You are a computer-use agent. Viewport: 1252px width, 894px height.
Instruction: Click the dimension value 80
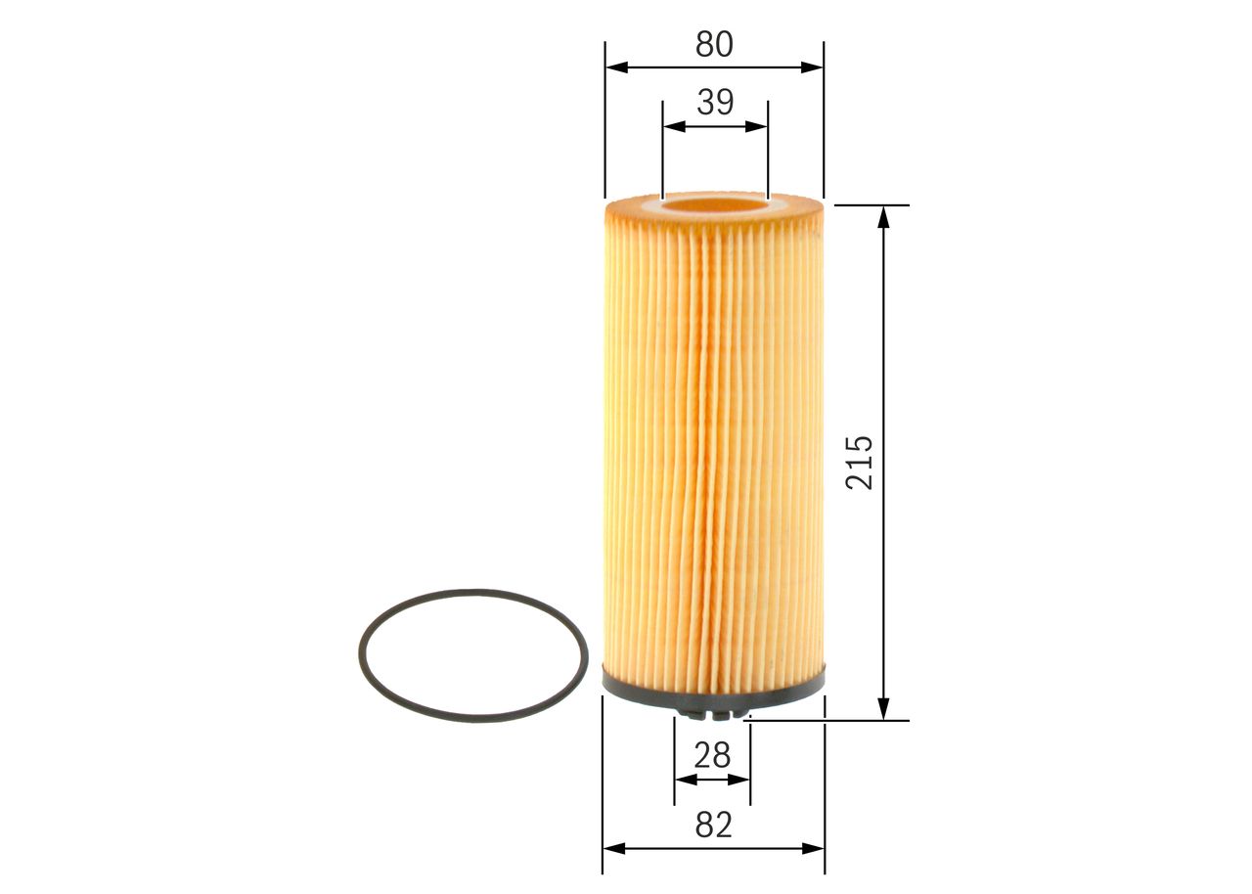tap(714, 44)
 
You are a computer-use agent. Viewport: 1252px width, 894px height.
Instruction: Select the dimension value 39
tap(715, 102)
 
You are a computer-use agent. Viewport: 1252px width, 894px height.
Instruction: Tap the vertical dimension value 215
tap(860, 462)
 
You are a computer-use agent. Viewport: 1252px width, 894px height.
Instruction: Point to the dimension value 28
tap(712, 755)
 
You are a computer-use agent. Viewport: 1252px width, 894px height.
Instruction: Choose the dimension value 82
tap(713, 826)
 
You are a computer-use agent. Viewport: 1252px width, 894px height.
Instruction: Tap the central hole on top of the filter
tap(714, 206)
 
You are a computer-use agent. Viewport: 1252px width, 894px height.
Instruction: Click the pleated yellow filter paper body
tap(713, 440)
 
